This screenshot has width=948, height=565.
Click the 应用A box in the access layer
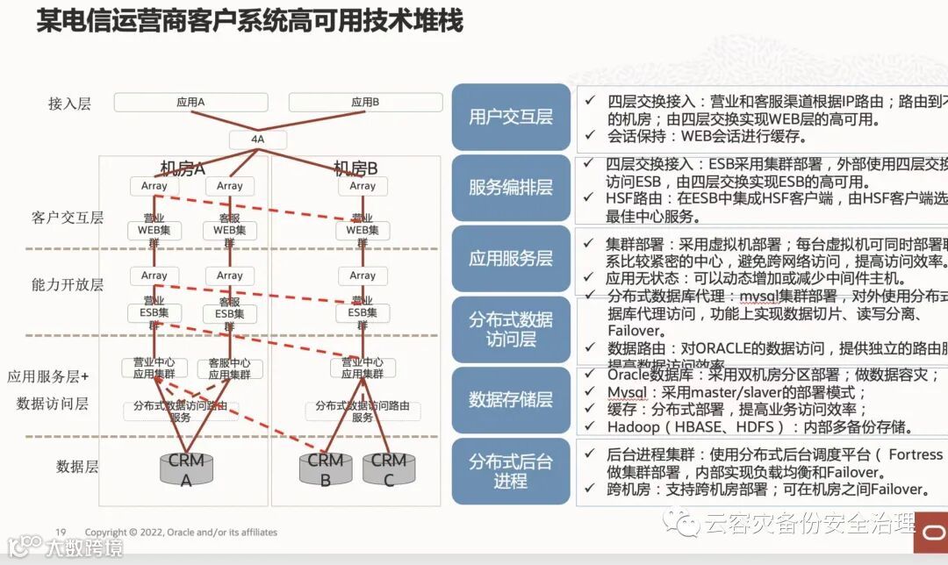point(190,103)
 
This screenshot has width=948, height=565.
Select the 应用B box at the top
point(364,103)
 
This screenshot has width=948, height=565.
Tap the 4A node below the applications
point(257,139)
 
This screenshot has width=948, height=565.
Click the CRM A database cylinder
point(186,469)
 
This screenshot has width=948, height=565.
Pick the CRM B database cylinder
point(325,469)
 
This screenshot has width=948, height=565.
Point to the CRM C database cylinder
point(388,469)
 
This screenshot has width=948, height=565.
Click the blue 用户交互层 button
point(511,117)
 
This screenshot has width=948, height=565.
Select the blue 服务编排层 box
point(511,187)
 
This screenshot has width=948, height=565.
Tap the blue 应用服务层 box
point(511,258)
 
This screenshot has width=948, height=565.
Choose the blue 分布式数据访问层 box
point(511,329)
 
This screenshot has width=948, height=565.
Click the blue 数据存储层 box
point(511,400)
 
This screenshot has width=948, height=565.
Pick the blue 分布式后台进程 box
point(511,471)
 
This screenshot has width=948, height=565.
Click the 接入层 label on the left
point(69,104)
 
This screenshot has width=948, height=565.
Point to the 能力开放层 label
point(68,284)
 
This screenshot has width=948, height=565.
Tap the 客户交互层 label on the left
point(68,218)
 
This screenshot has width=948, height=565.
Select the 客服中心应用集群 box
point(229,368)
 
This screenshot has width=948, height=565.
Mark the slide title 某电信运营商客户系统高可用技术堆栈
point(249,20)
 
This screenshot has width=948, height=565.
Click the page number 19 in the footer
point(61,532)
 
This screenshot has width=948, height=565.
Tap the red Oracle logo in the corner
point(930,534)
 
